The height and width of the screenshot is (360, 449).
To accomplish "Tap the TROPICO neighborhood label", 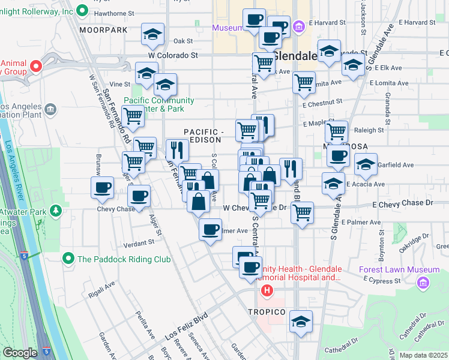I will click(x=268, y=312).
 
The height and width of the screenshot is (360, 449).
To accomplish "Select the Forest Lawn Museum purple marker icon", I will click(x=424, y=282).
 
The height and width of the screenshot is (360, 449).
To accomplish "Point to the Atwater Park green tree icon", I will click(x=56, y=211).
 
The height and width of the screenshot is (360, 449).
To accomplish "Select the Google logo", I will click(x=20, y=353).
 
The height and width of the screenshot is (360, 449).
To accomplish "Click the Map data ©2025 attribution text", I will click(x=423, y=355).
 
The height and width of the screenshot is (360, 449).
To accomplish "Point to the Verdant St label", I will click(x=139, y=244).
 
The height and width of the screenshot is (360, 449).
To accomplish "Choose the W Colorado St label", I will click(x=173, y=55).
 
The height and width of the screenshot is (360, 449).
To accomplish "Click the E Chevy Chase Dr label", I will click(x=402, y=203).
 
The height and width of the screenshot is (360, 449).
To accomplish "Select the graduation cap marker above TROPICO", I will click(x=301, y=321).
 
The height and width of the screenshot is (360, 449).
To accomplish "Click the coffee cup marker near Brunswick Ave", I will click(x=102, y=188).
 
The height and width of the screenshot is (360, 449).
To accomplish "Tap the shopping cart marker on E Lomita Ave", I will click(x=304, y=82).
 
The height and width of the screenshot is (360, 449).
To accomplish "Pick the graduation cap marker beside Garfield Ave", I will click(x=366, y=164).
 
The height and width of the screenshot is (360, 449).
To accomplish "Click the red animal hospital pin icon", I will click(x=35, y=66).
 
